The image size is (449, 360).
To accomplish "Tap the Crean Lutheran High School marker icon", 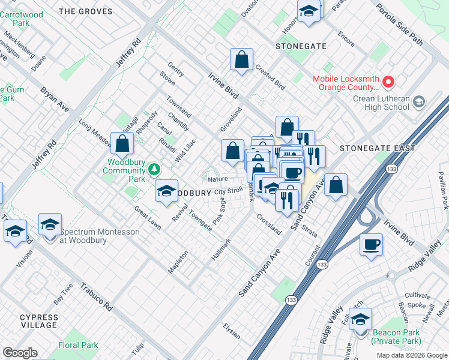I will (419, 103).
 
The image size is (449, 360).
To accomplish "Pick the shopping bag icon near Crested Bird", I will (241, 59).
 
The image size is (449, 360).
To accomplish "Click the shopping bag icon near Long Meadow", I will (122, 143).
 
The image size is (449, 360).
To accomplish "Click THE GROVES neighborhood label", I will (86, 11).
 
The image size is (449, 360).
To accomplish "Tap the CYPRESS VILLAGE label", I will (39, 321).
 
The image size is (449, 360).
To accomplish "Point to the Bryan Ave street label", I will (55, 100).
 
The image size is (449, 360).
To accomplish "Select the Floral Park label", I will (78, 346).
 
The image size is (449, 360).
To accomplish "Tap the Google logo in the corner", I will (20, 352).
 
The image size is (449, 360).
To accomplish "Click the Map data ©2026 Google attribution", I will (412, 355).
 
